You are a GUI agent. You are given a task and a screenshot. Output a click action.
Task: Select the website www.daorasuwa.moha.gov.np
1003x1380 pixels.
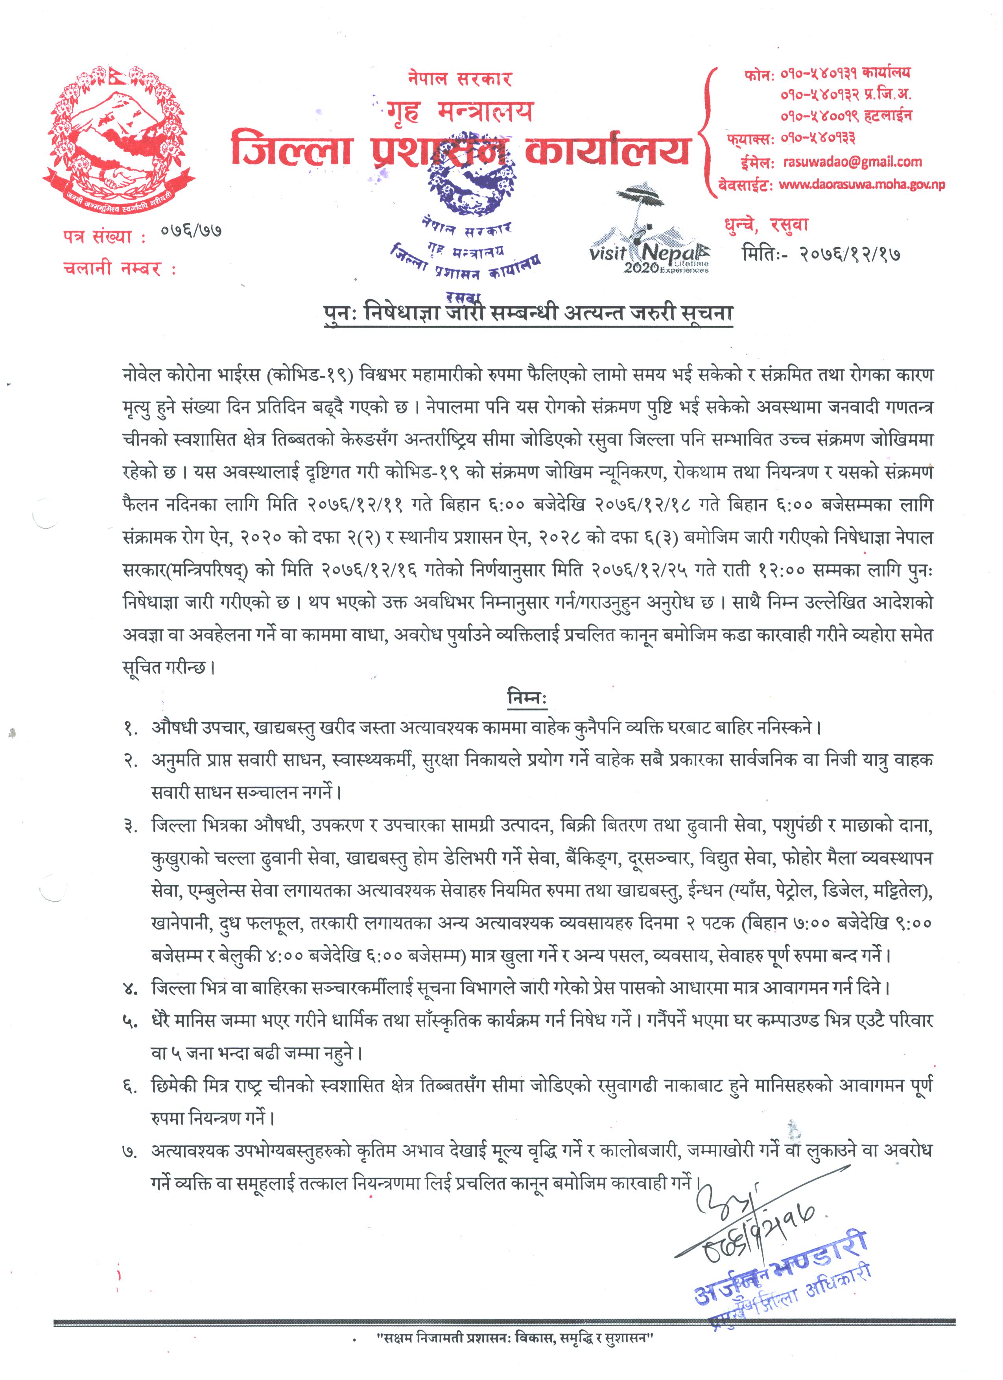coord(861,184)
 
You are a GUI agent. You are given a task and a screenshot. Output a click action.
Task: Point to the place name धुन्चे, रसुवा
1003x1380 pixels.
coord(766,225)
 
